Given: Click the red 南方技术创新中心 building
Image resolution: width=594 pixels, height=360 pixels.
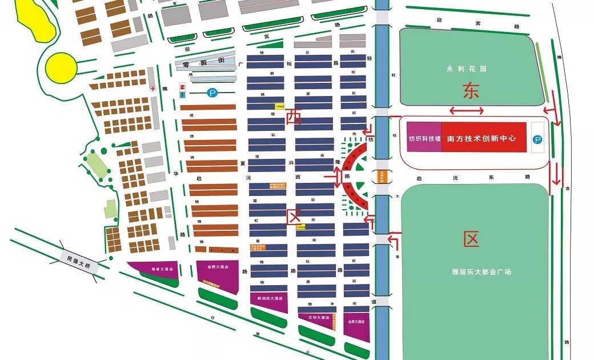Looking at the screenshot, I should (x=483, y=138).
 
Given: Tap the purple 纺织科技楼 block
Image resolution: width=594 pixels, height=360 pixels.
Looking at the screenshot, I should (x=424, y=138).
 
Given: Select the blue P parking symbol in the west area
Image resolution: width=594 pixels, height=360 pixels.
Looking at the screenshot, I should (x=212, y=91).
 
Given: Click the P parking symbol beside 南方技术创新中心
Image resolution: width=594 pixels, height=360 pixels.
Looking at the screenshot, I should (x=537, y=138).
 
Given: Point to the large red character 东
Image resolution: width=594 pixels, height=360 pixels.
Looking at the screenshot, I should (x=472, y=91).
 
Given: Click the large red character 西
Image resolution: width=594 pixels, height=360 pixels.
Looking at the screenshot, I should (x=294, y=117).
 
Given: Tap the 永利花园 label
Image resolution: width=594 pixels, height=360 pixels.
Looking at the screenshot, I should (x=466, y=69).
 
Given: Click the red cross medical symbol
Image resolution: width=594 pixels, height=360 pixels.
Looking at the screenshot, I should (x=152, y=89).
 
